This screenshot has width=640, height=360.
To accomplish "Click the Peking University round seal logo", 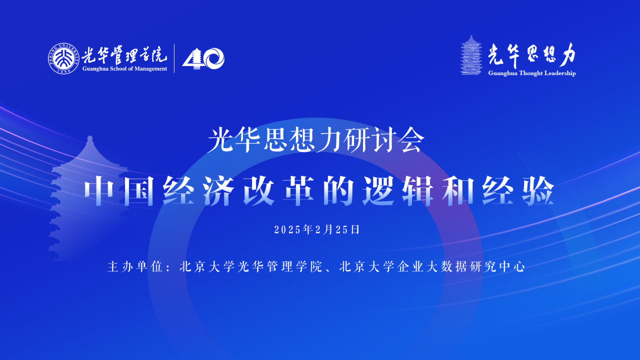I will tap(63, 58).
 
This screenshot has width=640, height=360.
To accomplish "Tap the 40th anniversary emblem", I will tap(203, 58).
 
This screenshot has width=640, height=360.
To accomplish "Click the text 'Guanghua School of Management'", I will tap(125, 69).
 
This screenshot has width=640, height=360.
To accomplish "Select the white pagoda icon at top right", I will tap(470, 55).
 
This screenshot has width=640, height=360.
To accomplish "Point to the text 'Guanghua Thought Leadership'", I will tap(532, 73).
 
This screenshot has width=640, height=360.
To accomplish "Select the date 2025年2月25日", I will tap(317, 229).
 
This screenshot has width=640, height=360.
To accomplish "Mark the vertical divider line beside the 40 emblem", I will tap(174, 58).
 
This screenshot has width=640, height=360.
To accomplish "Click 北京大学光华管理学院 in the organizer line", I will tap(249, 266).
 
